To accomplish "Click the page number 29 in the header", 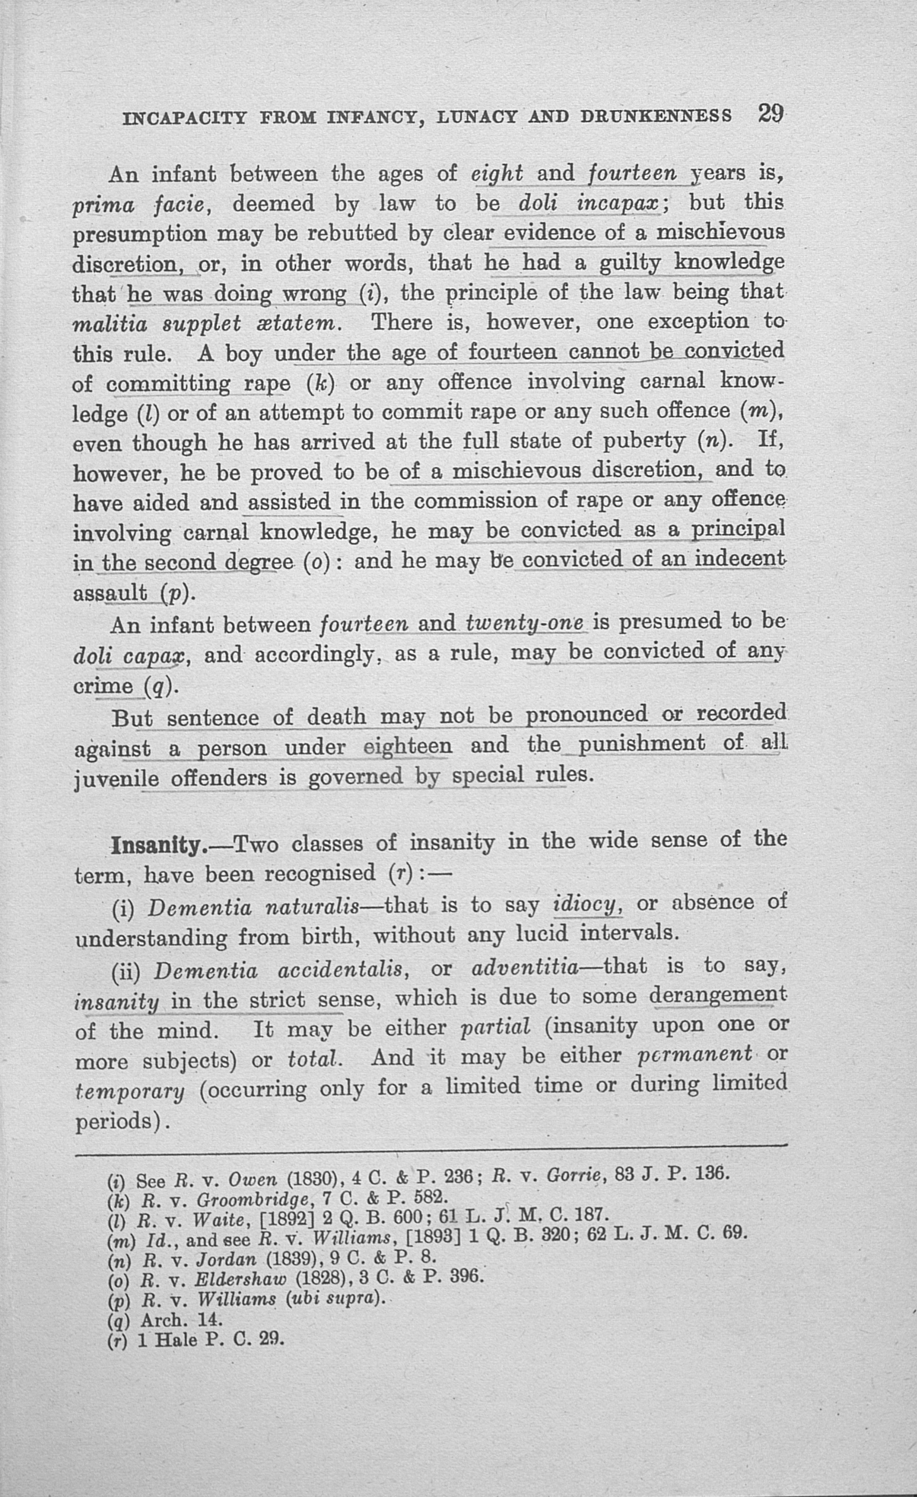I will [x=771, y=114].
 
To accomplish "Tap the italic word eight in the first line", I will [x=497, y=174].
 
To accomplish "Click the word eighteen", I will [x=408, y=747].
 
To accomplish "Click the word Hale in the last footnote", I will [x=176, y=1339].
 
